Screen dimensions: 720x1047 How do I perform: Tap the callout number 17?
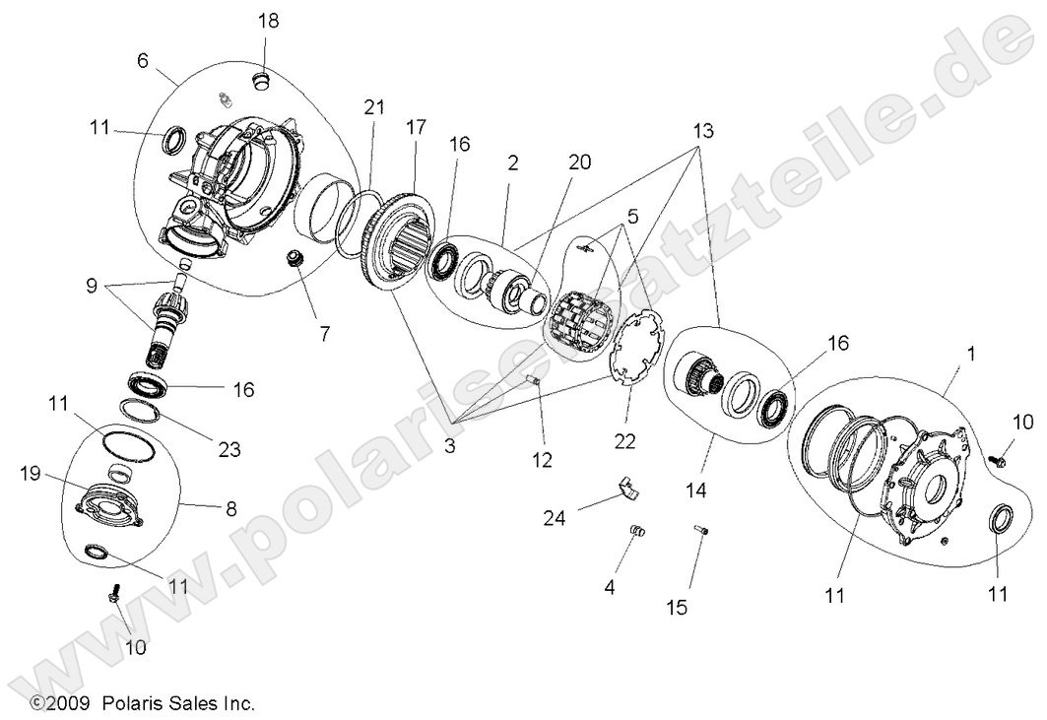[415, 128]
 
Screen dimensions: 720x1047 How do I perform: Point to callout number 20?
[579, 162]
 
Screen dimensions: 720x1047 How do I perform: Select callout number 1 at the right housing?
[972, 352]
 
